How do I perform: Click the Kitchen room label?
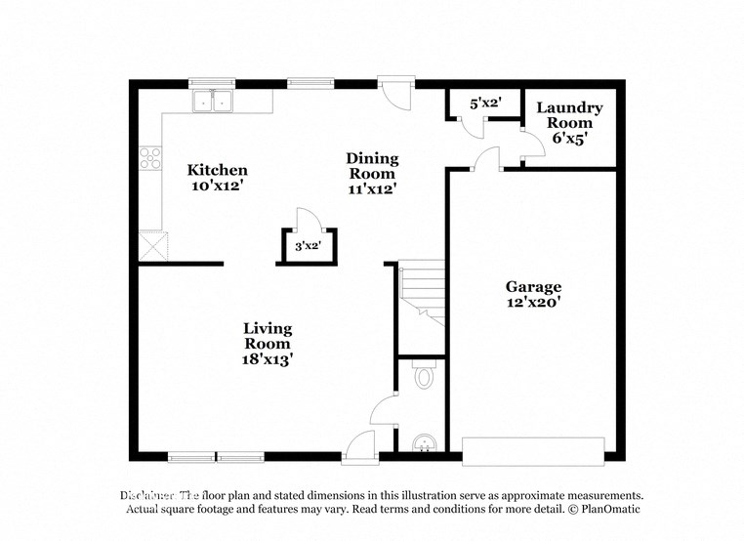click(x=217, y=170)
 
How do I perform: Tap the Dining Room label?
click(x=372, y=166)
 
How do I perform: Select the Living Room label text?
click(x=268, y=336)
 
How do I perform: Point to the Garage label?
click(x=533, y=287)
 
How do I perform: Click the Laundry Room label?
click(x=569, y=115)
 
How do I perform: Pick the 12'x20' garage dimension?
click(x=533, y=303)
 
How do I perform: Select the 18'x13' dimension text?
click(x=268, y=359)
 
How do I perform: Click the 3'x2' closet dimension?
click(x=308, y=247)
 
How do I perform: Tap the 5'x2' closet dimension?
click(x=484, y=104)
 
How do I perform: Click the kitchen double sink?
click(x=214, y=101)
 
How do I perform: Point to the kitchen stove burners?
click(x=149, y=158)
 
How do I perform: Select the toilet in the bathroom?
click(x=424, y=375)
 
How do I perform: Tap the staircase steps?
click(x=422, y=288)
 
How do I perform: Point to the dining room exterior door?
click(x=396, y=94)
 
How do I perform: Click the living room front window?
click(x=216, y=456)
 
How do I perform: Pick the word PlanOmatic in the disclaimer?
click(x=606, y=510)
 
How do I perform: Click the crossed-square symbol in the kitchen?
click(x=152, y=243)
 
